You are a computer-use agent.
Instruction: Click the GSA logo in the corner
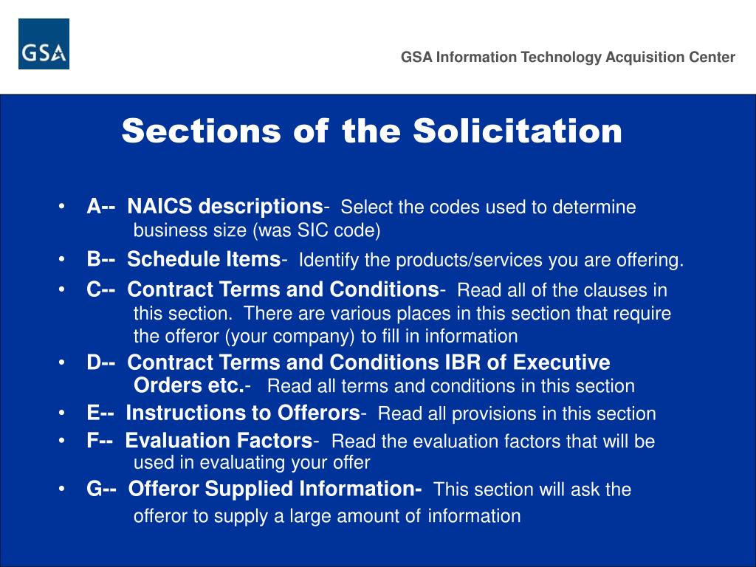44,44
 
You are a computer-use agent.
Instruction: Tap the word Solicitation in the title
518,131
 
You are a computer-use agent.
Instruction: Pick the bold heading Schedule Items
204,259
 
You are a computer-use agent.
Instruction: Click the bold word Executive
561,362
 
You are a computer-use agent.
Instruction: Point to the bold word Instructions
176,413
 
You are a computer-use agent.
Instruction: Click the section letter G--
101,489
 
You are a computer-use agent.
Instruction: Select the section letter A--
100,206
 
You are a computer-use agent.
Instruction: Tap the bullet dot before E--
65,413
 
